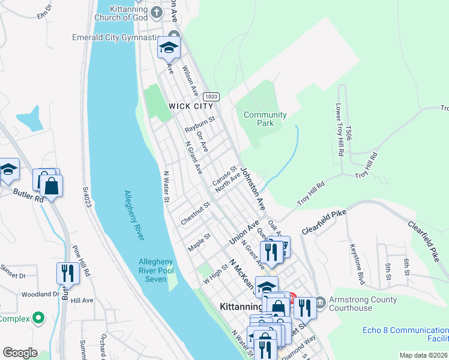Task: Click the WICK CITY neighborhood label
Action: pos(191,106)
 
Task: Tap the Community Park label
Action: pos(265,119)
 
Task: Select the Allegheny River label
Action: pos(134,215)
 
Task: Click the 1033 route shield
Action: pos(211,97)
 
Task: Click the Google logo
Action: pos(20,353)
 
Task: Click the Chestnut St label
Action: pos(195,213)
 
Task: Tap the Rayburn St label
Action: pos(199,124)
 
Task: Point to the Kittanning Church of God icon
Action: pos(156,11)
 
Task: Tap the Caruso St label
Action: pos(224,176)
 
